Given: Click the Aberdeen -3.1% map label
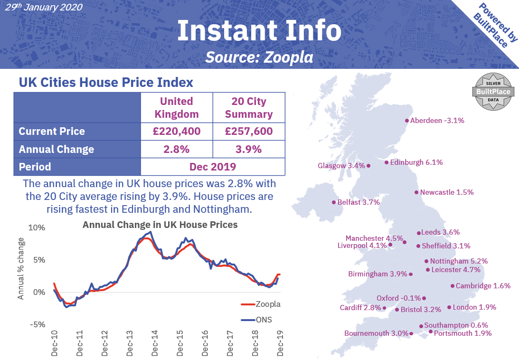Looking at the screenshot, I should point(437,121).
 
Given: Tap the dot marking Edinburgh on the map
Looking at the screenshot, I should point(387,162).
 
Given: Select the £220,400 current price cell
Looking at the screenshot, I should point(177,132).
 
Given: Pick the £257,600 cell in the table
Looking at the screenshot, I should point(249,132).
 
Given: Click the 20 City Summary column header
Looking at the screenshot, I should point(249,108).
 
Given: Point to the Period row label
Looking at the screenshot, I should point(35,167).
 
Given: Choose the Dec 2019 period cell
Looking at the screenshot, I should point(213,167).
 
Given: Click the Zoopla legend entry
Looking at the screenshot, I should point(260,304).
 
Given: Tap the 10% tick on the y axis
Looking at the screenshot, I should point(37,227).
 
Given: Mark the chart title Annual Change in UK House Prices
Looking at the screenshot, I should point(160,224).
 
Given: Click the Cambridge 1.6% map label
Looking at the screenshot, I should point(483,286).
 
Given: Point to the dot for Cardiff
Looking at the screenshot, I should point(385,308).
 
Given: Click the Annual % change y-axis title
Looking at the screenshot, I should point(21,268).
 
